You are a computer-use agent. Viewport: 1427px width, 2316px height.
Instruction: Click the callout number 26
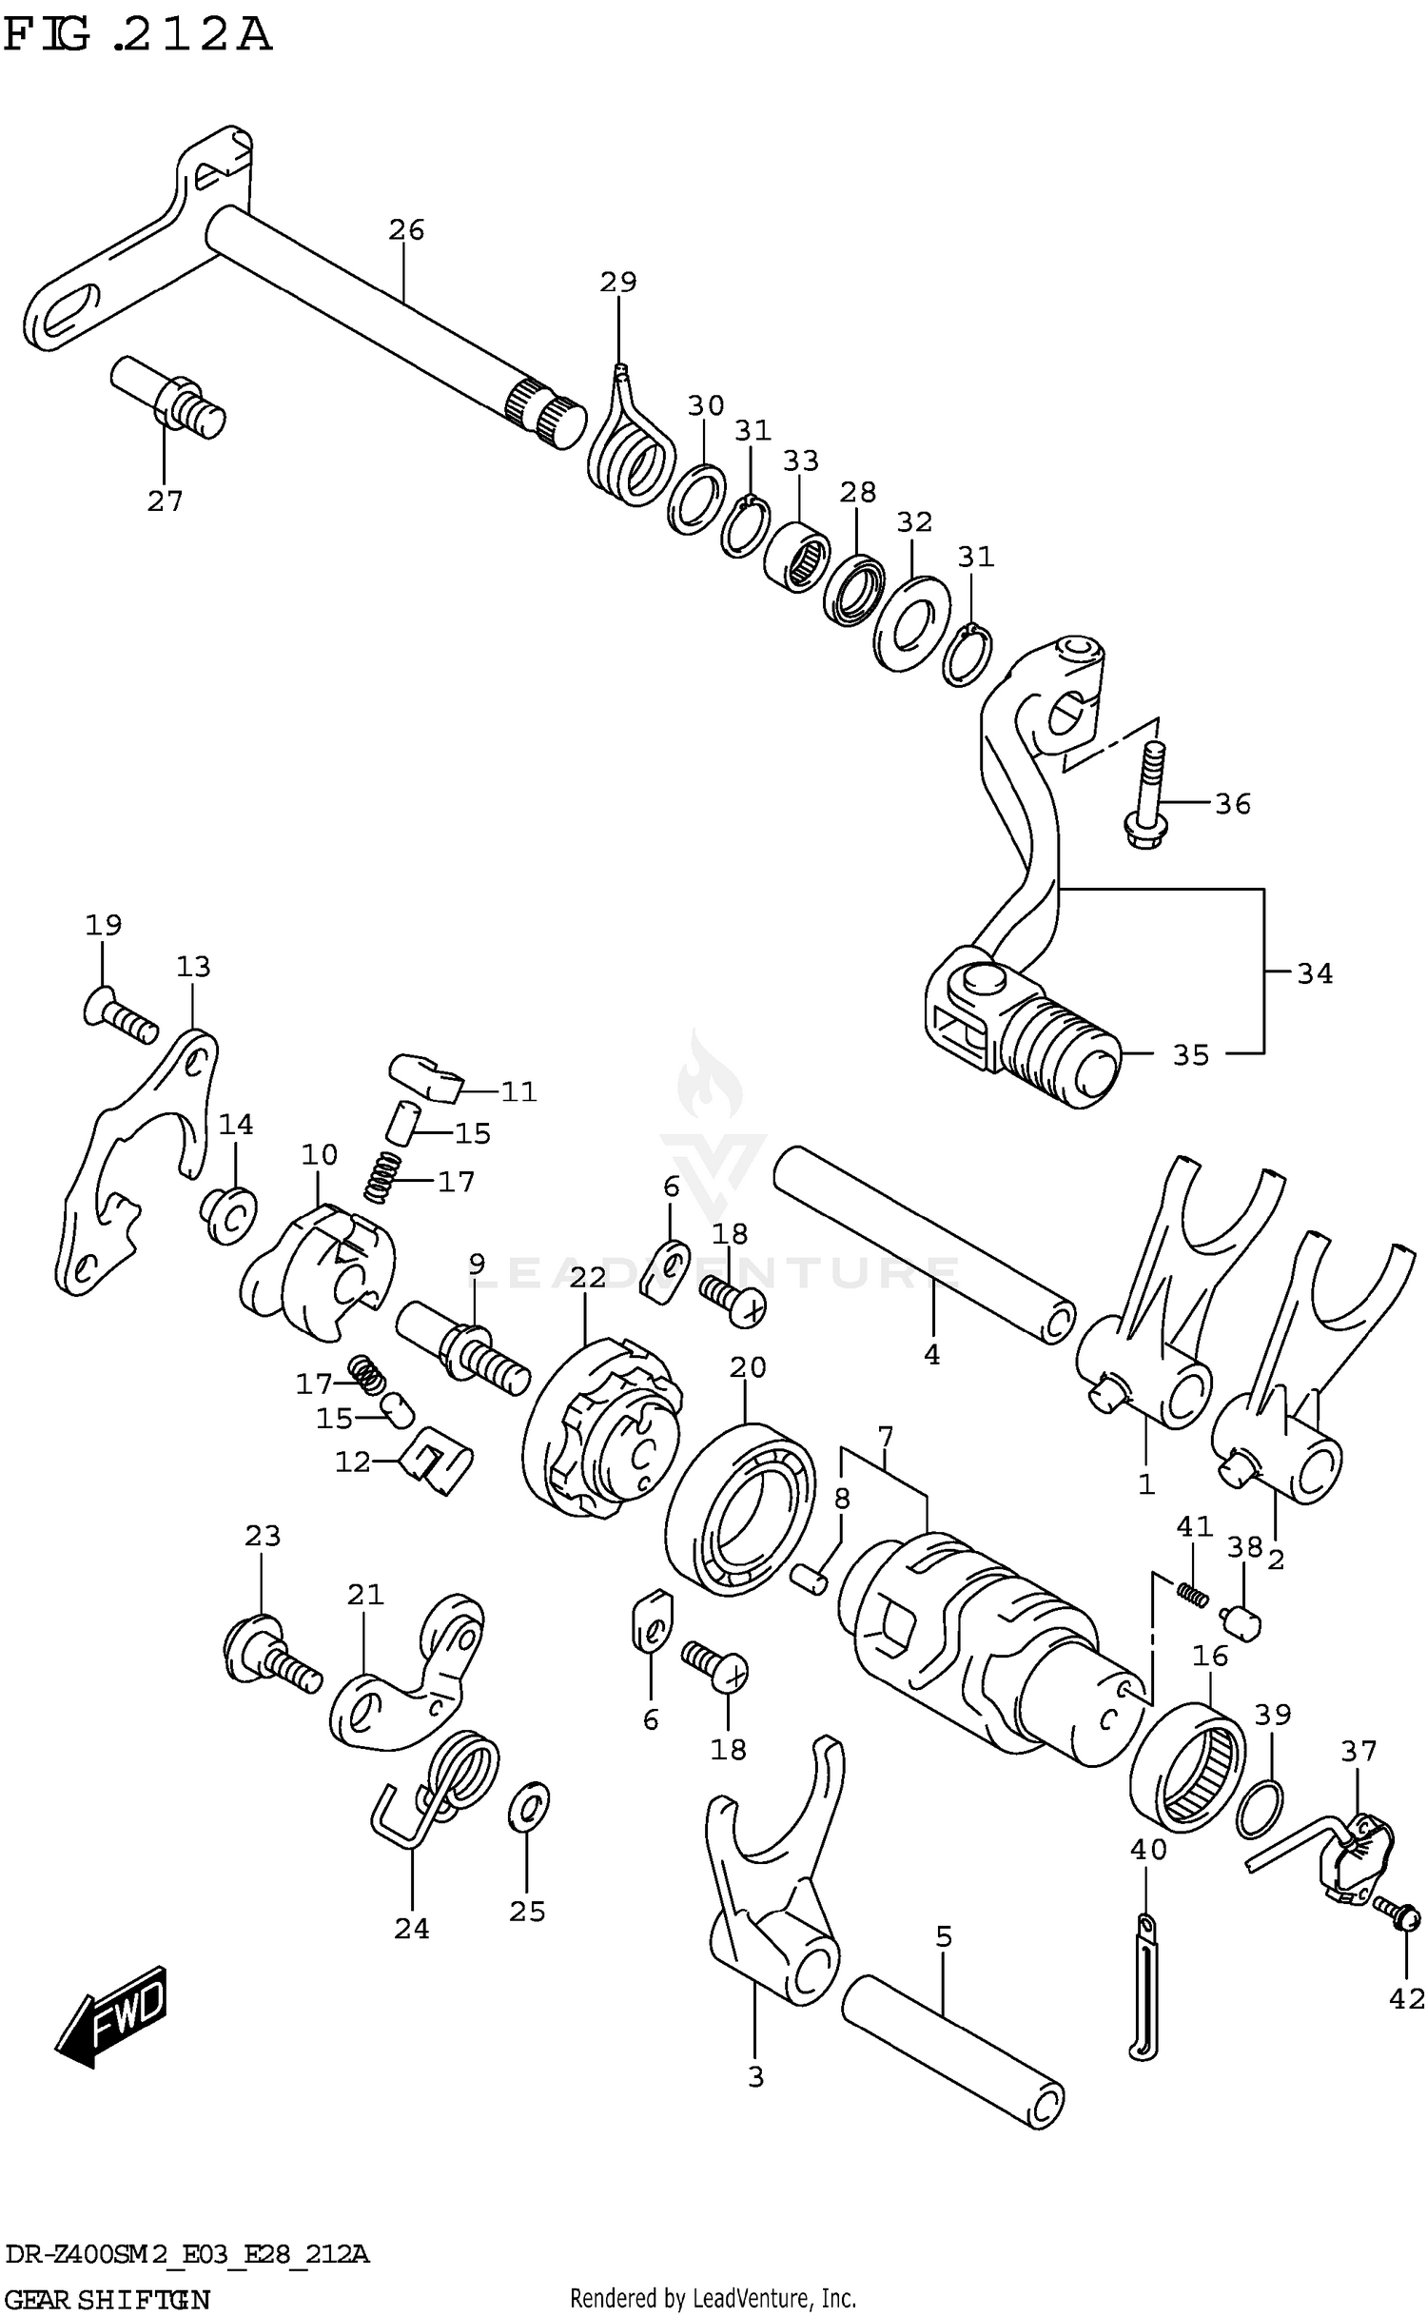406,230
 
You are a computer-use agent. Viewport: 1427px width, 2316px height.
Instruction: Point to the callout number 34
1315,973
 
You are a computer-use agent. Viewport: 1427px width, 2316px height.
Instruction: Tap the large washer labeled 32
910,623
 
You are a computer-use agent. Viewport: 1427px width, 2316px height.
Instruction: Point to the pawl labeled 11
425,1076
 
